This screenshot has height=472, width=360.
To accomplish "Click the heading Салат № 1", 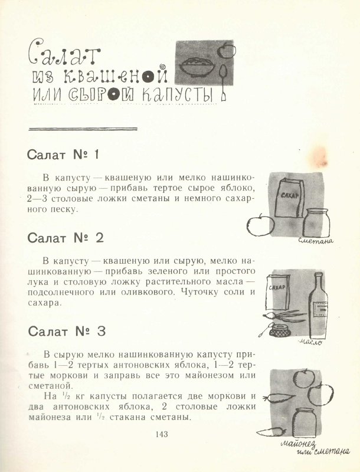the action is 63,155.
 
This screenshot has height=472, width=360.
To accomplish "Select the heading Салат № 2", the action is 66,238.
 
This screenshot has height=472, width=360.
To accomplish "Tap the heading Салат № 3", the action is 67,332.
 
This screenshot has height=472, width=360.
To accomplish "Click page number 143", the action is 162,434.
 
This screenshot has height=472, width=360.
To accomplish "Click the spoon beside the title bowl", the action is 222,81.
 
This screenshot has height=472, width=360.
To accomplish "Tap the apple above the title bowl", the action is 226,50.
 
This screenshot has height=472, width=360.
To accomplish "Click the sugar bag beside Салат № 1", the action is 290,198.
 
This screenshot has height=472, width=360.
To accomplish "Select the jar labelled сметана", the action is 316,222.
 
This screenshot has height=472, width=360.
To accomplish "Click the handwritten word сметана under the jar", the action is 316,241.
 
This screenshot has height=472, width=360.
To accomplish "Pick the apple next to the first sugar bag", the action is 260,224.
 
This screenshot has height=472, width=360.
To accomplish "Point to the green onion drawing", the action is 284,316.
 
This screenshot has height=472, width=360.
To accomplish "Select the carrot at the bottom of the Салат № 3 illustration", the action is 271,432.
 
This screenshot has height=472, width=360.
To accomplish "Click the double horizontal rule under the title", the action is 83,129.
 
